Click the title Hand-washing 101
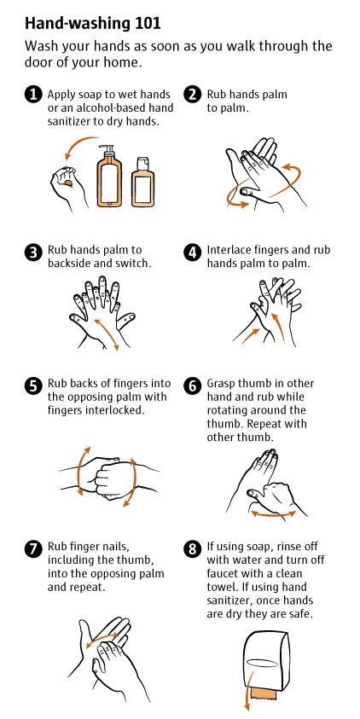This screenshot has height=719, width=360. coord(93,23)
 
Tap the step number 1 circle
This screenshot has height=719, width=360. coord(32,95)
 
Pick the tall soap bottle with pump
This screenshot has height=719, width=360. coord(108,176)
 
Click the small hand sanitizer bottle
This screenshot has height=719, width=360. coord(142,182)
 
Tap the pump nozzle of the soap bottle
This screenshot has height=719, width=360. coord(108,149)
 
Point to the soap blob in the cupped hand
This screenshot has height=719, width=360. coord(68,183)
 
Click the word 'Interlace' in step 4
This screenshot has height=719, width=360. coord(226,251)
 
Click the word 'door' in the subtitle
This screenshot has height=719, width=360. coord(36,62)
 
